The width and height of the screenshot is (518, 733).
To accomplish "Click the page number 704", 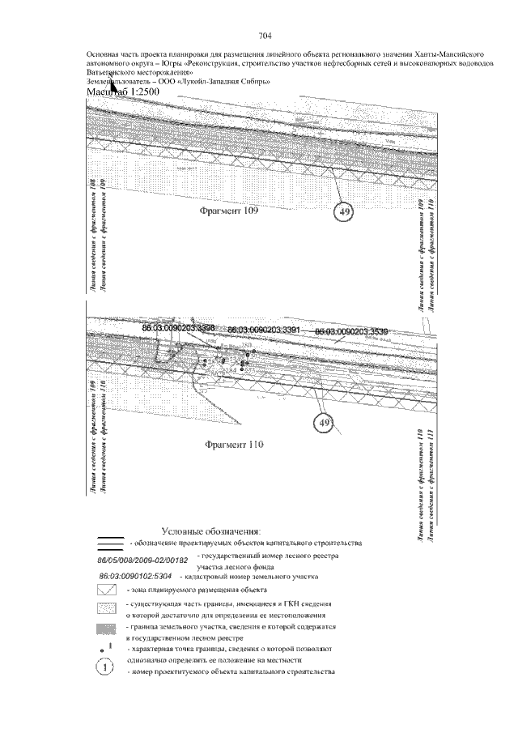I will coord(264,36).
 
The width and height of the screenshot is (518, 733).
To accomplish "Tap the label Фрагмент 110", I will coord(235,444).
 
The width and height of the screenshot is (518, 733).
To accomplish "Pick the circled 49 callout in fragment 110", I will coord(325,423).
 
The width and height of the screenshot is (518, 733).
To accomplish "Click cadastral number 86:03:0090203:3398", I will coord(177,328).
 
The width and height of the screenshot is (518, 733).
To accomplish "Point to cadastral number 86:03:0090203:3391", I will coord(264,330).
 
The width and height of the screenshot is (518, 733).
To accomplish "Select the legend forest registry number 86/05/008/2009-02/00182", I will coord(142,560).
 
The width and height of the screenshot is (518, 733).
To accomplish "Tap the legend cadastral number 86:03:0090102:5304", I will coord(131,577).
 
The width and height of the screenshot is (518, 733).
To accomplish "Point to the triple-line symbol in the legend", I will coord(107,543).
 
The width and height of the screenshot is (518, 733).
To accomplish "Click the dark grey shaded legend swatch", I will coord(107,629).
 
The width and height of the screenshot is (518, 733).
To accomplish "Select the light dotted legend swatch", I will coord(107,607).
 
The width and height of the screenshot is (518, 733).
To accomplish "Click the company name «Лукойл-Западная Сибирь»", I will coord(233,81).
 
